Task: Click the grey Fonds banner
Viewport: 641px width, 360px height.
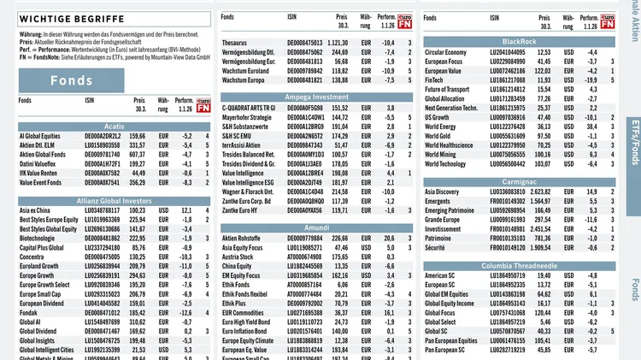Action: point(71,81)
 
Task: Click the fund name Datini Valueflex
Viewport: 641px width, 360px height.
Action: point(39,163)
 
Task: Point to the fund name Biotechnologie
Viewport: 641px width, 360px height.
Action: point(39,239)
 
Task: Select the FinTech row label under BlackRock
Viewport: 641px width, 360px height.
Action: point(437,80)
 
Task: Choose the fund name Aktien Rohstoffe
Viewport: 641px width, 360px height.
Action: point(247,238)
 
